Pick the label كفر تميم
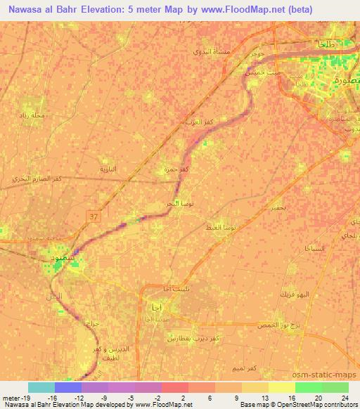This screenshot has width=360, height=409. [245, 369]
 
